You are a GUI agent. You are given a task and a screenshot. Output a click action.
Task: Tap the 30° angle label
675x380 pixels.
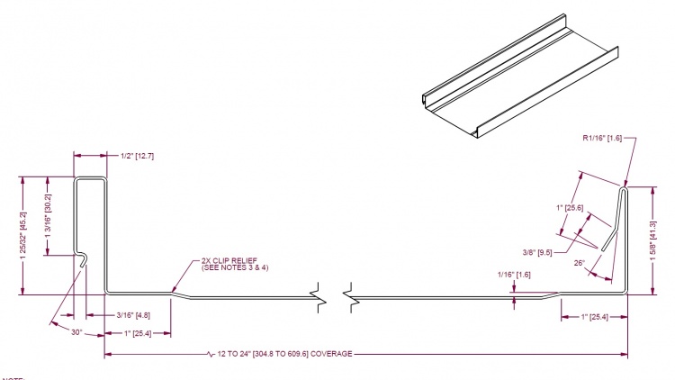(77, 332)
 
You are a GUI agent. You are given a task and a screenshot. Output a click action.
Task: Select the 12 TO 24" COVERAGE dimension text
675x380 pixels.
(284, 354)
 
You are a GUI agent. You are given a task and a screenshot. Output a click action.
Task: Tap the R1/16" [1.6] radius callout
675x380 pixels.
(605, 139)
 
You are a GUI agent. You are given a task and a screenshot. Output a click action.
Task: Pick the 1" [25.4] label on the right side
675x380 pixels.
(594, 316)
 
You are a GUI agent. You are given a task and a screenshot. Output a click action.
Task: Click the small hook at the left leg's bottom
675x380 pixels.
(82, 259)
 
